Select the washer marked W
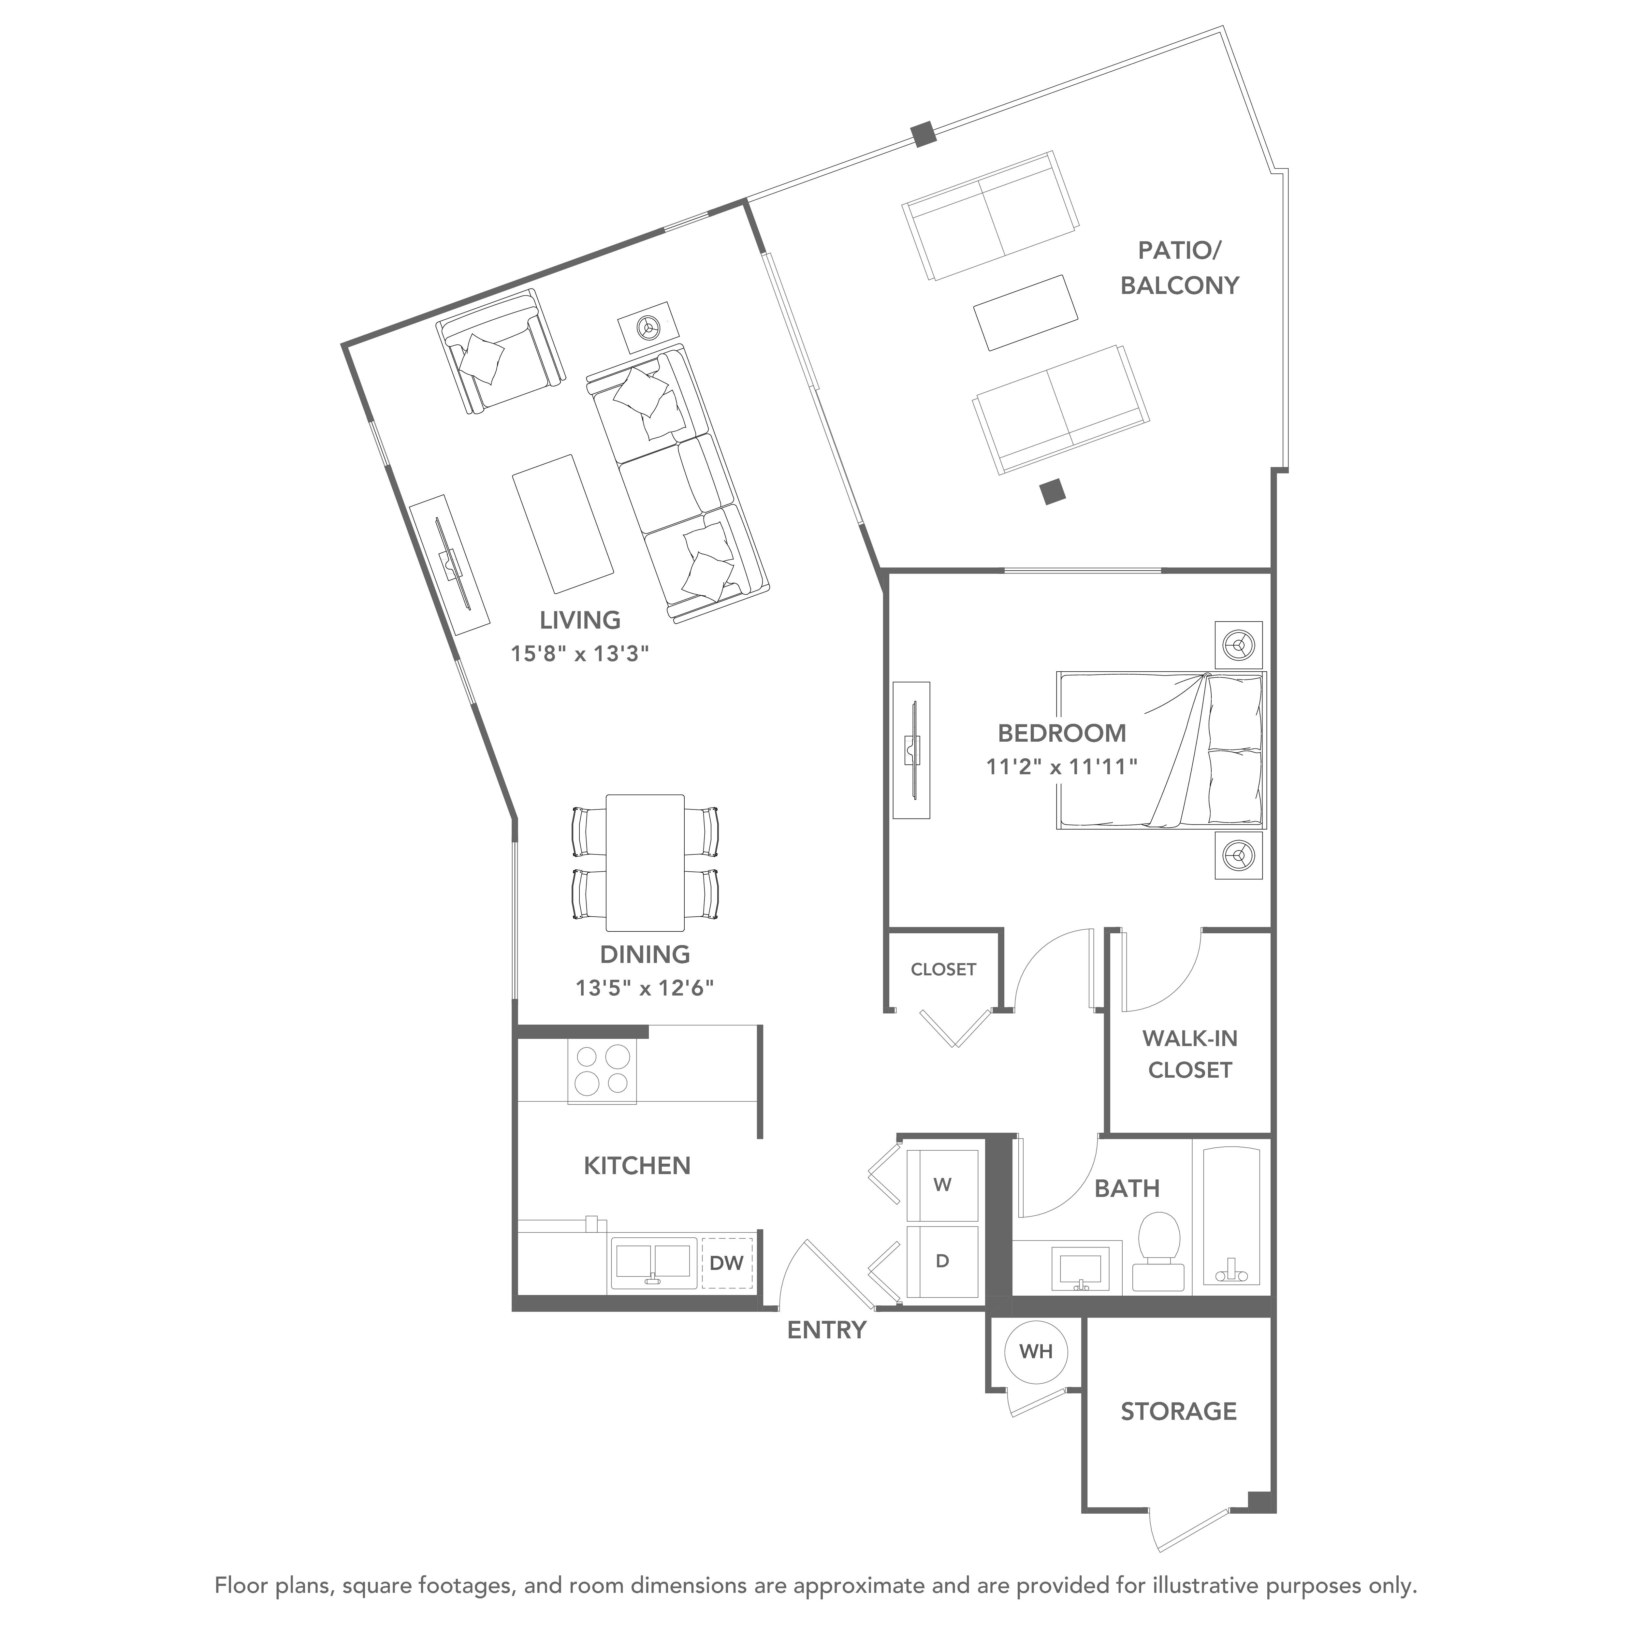(x=942, y=1185)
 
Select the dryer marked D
(x=942, y=1261)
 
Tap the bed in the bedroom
(x=1162, y=750)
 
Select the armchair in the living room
(x=500, y=352)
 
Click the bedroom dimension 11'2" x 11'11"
(x=1061, y=767)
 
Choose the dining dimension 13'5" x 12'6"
(x=645, y=988)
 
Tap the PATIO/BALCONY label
(x=1179, y=268)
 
